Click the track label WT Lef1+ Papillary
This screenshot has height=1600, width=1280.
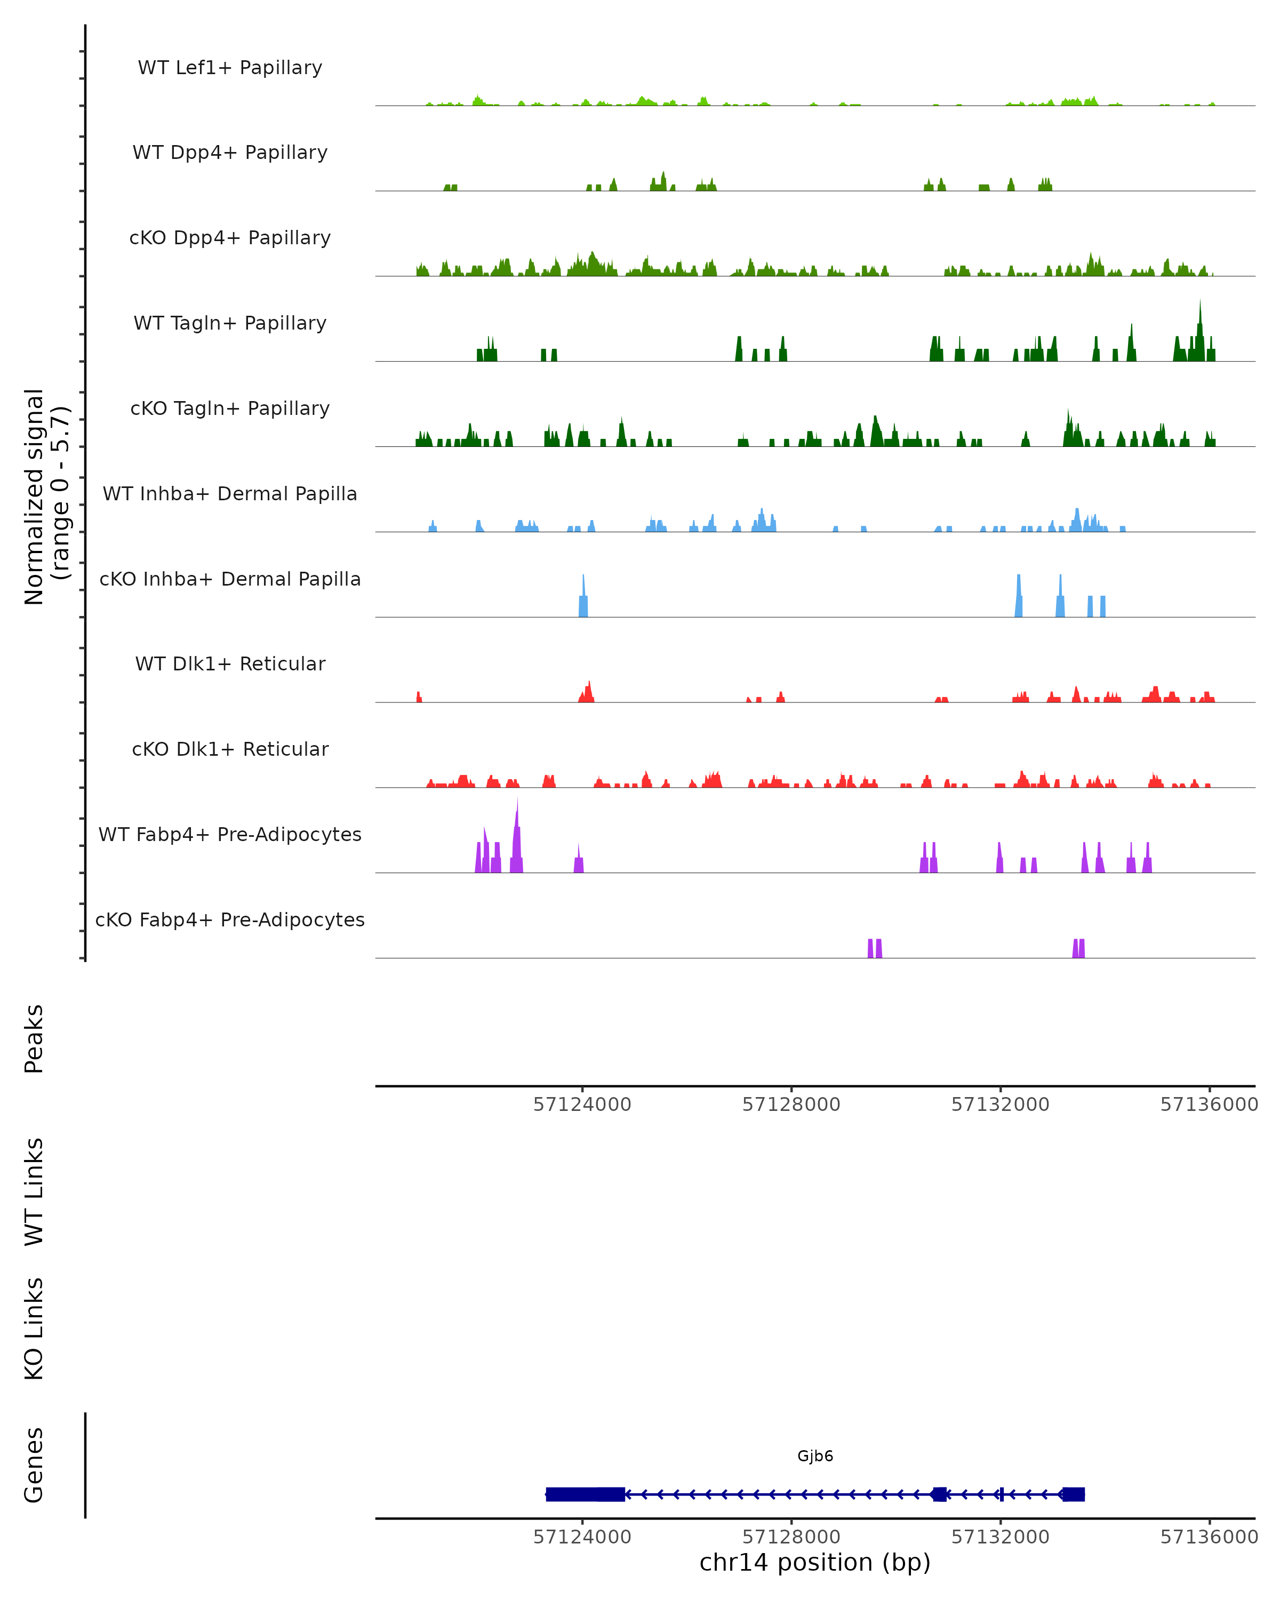click(230, 68)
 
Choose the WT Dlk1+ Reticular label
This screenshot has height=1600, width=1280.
click(230, 663)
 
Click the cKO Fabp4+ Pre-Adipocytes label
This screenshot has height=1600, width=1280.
click(230, 919)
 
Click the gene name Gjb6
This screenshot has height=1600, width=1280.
click(815, 1455)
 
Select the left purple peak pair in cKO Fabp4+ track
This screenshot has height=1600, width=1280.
click(875, 948)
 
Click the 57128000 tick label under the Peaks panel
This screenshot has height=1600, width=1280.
click(791, 1105)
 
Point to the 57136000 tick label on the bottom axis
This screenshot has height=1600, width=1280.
click(1209, 1537)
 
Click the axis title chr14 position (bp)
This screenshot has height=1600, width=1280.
click(815, 1563)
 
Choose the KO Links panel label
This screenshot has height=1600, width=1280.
click(34, 1329)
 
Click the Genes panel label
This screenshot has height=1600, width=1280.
click(34, 1465)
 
